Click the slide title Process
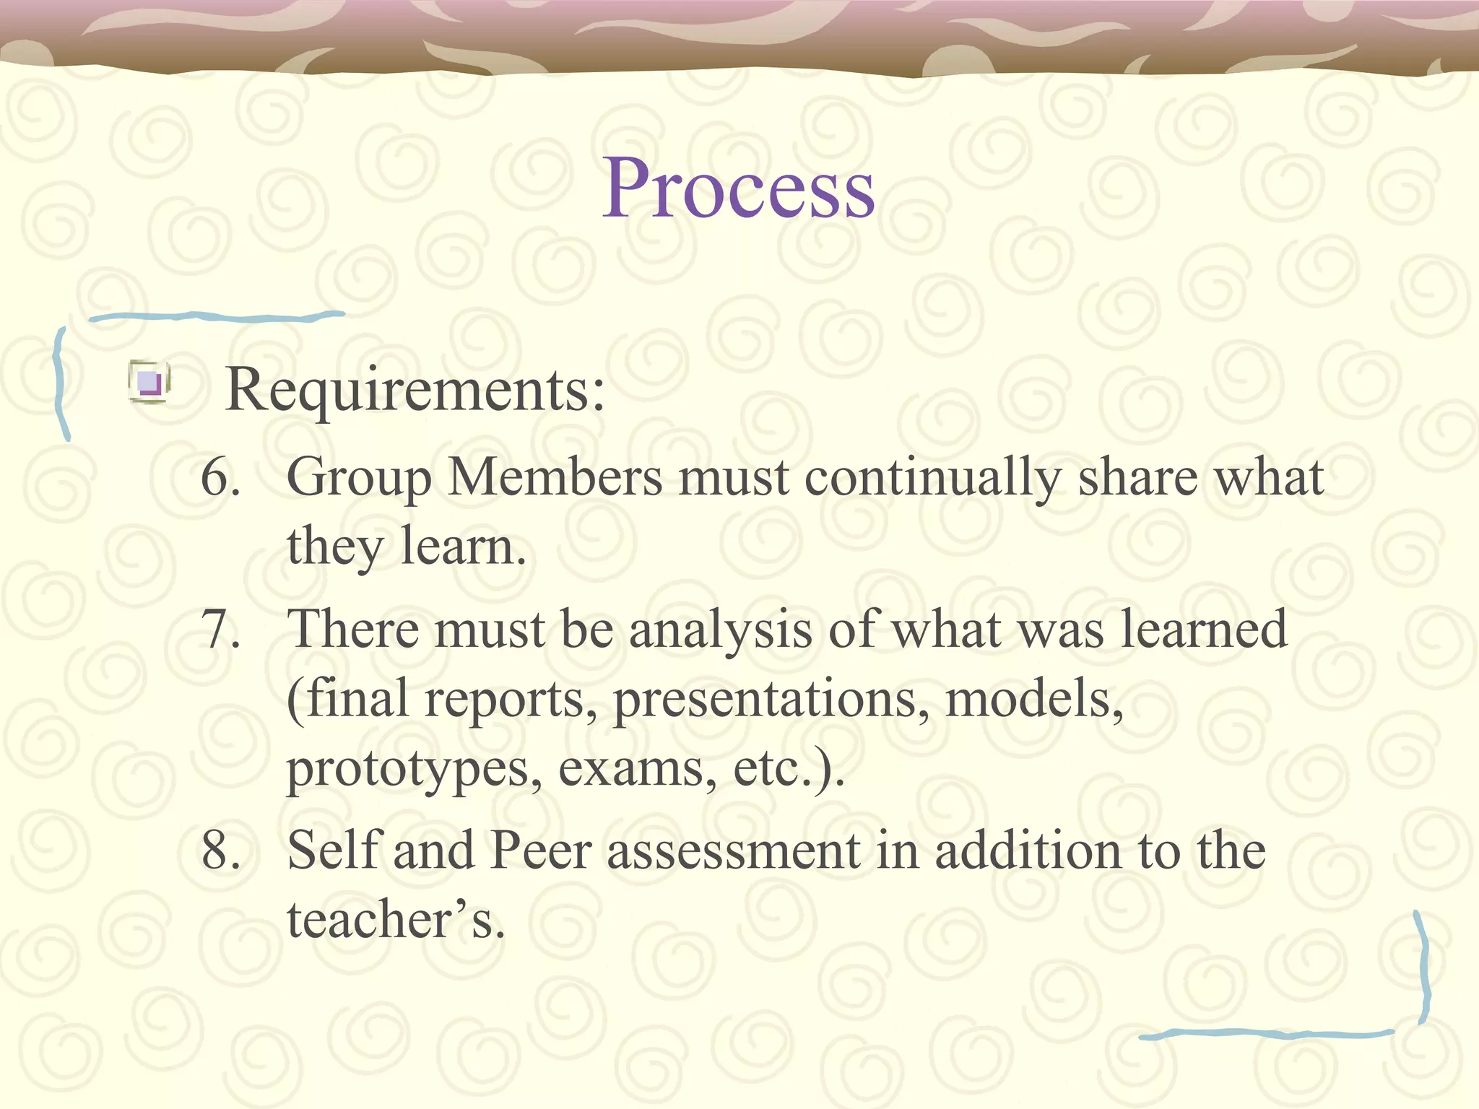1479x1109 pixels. coord(739,189)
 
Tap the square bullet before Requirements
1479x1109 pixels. coord(149,381)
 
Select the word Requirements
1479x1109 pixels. coord(415,391)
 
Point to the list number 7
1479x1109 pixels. coord(220,629)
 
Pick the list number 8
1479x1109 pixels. coord(220,850)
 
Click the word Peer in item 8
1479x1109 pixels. coord(541,850)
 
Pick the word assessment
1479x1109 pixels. coord(733,851)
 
